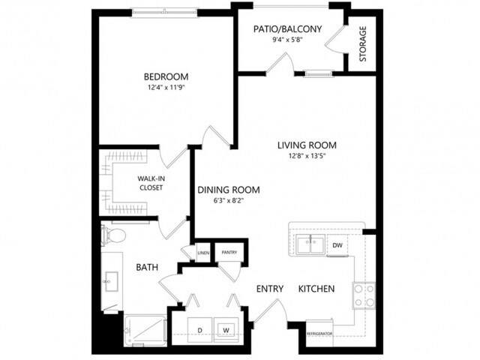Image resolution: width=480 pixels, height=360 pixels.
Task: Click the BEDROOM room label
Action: pos(166,76)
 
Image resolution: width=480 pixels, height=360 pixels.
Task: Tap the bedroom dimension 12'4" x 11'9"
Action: pos(166,87)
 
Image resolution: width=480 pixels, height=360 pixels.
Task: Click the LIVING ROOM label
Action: pos(306,145)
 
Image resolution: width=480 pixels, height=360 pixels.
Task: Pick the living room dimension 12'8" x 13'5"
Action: pos(306,156)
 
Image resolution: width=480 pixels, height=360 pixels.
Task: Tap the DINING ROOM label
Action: pos(228,190)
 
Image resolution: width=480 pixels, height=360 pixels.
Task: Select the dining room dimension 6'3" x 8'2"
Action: pos(228,201)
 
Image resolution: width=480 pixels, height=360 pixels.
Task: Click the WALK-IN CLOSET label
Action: pos(151,183)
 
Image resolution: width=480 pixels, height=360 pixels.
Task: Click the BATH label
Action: pos(145,267)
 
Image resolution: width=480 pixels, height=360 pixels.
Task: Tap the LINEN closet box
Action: pos(203,253)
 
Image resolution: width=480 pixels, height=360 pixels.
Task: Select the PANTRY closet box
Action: pos(229,253)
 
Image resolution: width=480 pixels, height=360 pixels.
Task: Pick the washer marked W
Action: pos(225,328)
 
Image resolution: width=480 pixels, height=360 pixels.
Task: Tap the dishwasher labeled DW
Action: pos(337,245)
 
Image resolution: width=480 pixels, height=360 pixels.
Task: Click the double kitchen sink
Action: pos(309,244)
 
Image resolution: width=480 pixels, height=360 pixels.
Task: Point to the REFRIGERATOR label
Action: pos(319,333)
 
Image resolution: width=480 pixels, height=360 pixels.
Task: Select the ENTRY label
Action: pos(268,289)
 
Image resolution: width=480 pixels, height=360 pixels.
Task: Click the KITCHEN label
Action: pos(316,289)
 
